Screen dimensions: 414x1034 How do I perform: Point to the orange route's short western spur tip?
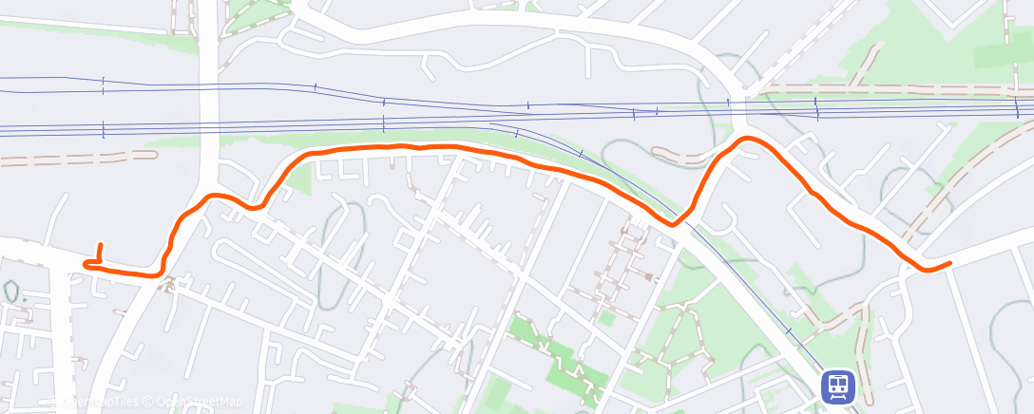[101, 245]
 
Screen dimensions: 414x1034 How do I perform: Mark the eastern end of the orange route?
[949, 263]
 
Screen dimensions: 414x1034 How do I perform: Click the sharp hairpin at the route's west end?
[87, 265]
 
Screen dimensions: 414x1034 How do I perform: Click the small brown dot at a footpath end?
[649, 278]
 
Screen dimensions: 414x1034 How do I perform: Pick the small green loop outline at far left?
[11, 290]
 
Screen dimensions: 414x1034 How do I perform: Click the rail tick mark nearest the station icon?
[789, 330]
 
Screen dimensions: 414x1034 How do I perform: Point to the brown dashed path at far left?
[76, 156]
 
